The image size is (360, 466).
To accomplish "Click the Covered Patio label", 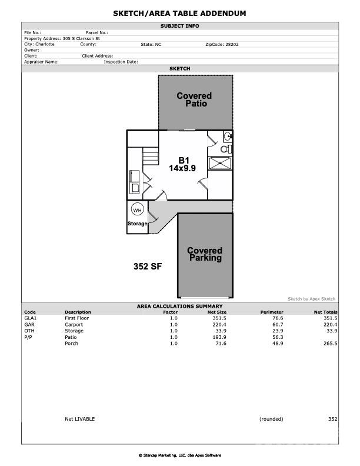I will [194, 99].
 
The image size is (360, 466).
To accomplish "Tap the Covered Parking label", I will [205, 254].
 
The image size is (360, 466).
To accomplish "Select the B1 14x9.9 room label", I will [183, 164].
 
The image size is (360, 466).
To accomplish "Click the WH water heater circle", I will [137, 209].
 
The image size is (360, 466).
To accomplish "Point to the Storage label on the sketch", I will [137, 224].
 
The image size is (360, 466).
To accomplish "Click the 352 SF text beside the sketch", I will [147, 267].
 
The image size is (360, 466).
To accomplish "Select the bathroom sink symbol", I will [228, 137].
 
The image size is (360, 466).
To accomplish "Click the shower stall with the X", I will [220, 164].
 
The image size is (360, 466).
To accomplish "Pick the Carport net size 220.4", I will [219, 324].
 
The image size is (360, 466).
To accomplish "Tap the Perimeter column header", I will [271, 312].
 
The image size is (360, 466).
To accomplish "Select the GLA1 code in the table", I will [29, 318].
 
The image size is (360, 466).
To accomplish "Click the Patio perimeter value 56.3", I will [278, 337].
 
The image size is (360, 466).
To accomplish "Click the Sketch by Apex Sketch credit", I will [311, 299].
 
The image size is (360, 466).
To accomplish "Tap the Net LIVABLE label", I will [79, 419].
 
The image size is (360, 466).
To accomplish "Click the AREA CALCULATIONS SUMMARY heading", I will [179, 306].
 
